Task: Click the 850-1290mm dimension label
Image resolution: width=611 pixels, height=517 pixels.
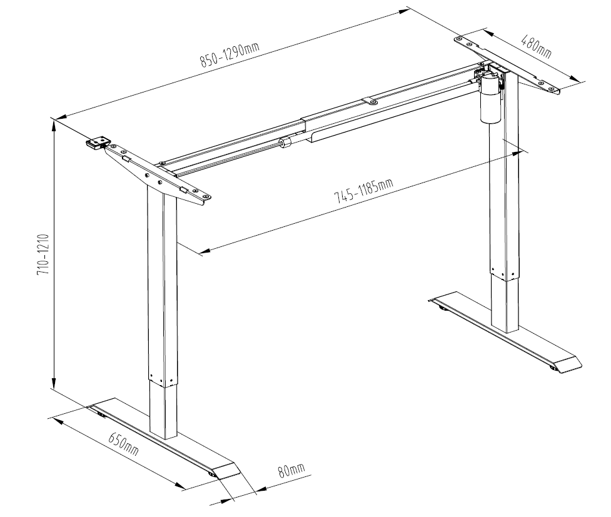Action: click(x=229, y=54)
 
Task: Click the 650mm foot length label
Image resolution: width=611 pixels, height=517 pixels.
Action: click(x=124, y=443)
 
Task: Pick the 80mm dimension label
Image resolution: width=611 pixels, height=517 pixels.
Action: click(x=291, y=469)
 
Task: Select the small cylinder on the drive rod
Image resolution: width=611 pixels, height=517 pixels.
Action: click(x=287, y=143)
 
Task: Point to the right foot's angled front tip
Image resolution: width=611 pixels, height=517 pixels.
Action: click(x=568, y=365)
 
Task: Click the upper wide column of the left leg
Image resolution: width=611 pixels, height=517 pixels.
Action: click(x=162, y=281)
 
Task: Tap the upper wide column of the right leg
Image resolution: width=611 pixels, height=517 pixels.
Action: click(x=504, y=181)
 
